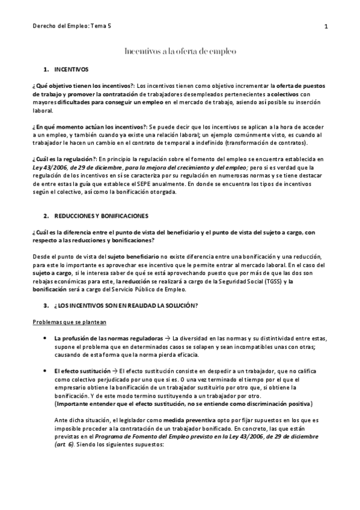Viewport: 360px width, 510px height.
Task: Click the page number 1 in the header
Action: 325,26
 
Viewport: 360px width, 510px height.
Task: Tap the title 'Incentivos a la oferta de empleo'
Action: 180,52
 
